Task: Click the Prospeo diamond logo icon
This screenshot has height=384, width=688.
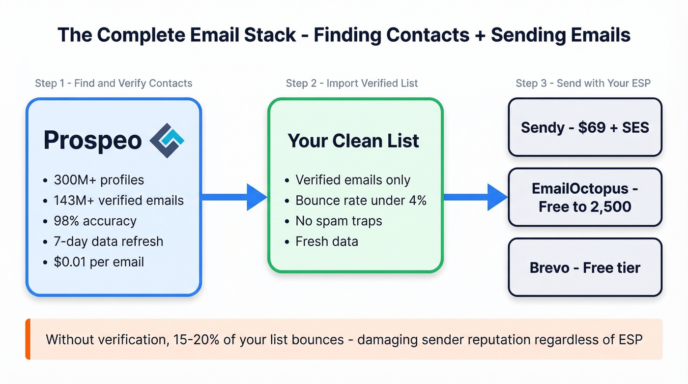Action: (x=167, y=140)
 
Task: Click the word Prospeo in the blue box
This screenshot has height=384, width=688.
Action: (x=92, y=141)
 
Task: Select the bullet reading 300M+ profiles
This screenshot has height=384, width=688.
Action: (x=98, y=180)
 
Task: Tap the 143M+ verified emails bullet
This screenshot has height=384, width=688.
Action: (x=118, y=200)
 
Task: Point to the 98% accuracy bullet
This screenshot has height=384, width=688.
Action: (x=95, y=221)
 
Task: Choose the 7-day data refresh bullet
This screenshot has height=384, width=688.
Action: (x=108, y=241)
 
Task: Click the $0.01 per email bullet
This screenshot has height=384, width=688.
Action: (x=99, y=262)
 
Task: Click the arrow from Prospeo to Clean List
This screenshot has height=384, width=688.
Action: (x=234, y=197)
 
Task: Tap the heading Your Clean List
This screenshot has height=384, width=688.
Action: (x=353, y=141)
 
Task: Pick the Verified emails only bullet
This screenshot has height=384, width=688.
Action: (x=352, y=180)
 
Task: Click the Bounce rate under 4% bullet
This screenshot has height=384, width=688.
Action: (x=361, y=200)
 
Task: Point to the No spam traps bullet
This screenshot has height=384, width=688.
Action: (x=339, y=221)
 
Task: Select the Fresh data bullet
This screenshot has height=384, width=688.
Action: (x=326, y=241)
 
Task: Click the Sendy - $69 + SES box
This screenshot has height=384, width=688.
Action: (x=585, y=127)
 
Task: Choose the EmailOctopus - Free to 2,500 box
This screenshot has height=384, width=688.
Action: (x=585, y=197)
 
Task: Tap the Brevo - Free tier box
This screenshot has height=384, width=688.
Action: (x=585, y=267)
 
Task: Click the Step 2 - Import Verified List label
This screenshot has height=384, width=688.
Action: (x=352, y=83)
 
